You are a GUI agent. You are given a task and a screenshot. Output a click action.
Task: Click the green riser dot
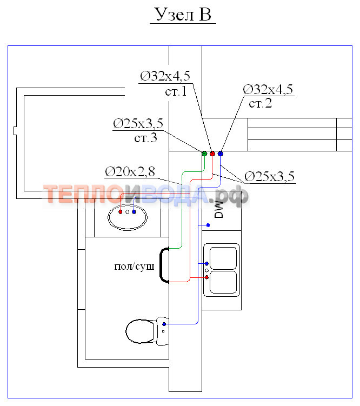[x=204, y=154]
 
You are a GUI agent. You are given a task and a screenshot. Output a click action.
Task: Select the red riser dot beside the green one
[x=212, y=154]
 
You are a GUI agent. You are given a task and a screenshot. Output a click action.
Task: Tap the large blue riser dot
[x=221, y=154]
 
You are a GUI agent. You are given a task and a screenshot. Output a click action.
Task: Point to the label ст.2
[x=261, y=103]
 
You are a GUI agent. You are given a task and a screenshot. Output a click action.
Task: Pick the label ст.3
[x=145, y=138]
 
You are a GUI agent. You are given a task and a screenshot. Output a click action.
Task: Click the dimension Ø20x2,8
[x=130, y=171]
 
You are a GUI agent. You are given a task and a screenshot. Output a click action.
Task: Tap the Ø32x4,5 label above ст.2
[x=268, y=89]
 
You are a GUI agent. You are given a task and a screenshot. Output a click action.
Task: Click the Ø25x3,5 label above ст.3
[x=138, y=124]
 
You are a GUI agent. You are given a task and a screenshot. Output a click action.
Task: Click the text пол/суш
[x=135, y=266]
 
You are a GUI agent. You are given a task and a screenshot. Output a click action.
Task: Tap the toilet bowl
[x=140, y=330]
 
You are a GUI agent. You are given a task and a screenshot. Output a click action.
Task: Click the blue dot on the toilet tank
[x=164, y=324]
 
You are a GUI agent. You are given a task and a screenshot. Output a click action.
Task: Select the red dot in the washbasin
[x=120, y=212]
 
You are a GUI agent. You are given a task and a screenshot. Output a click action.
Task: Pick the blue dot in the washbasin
[x=134, y=212]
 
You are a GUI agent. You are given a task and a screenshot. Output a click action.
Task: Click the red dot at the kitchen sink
[x=207, y=277]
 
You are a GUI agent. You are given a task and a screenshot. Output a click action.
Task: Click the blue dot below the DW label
[x=208, y=225]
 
